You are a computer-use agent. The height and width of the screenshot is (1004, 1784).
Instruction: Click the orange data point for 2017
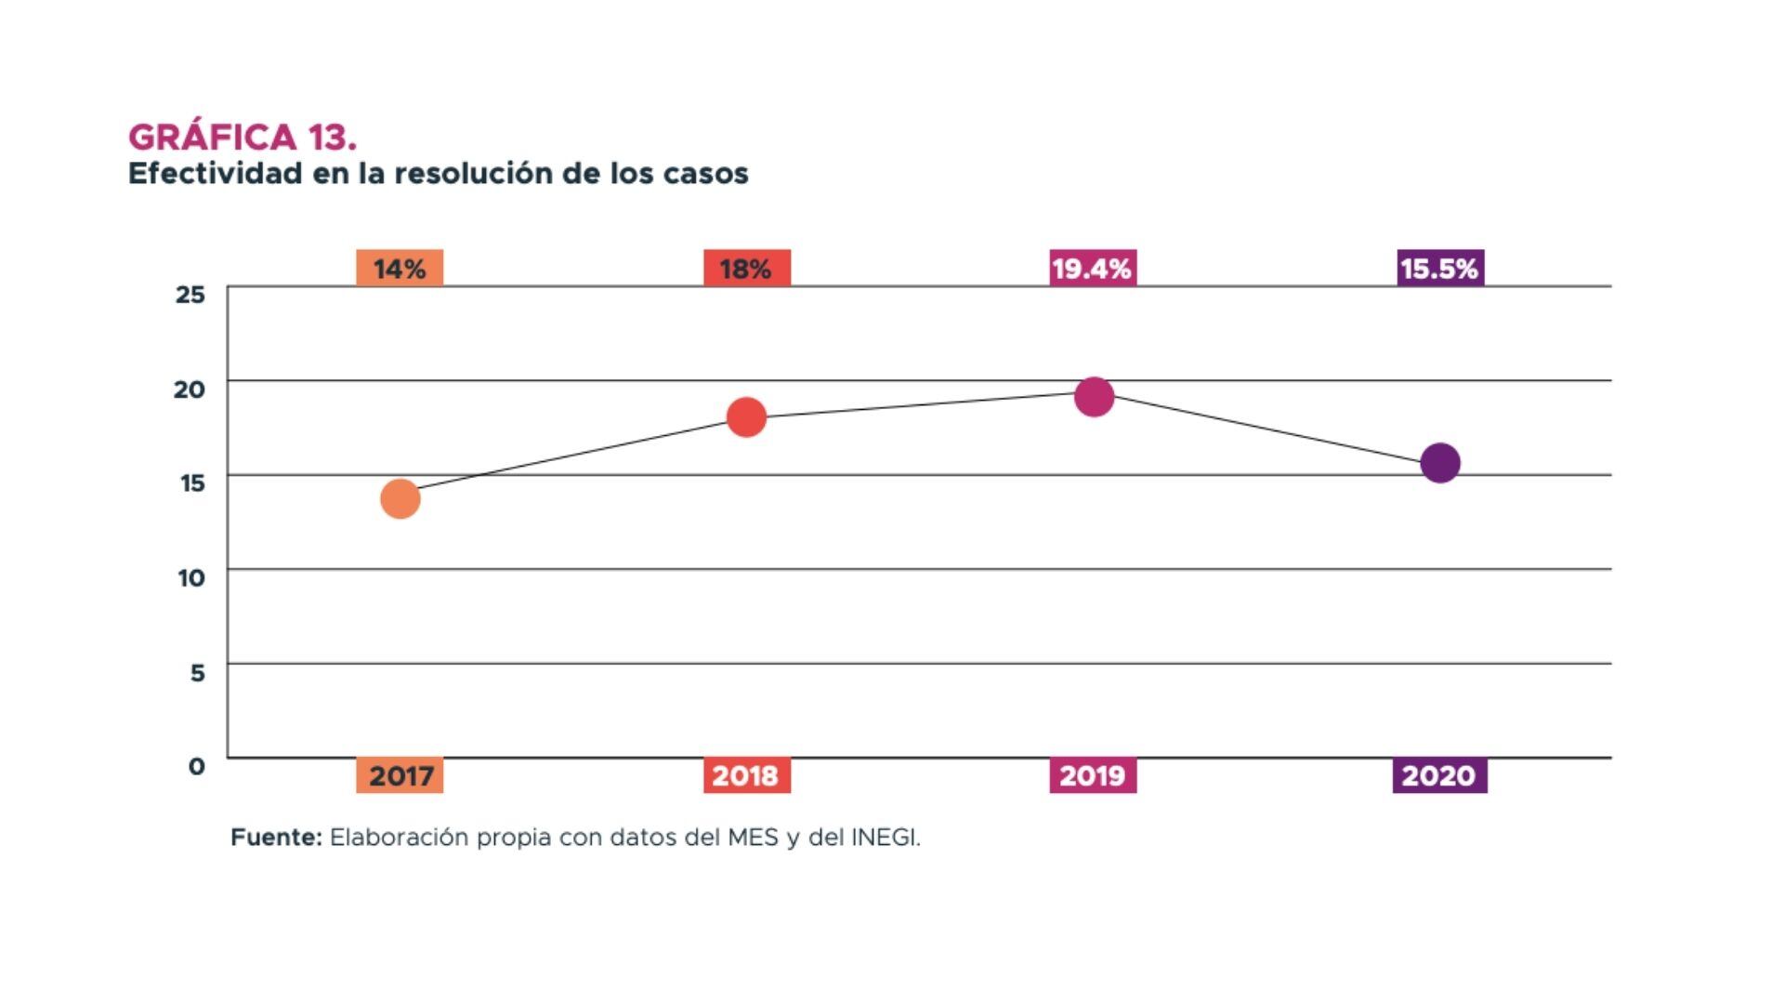pyautogui.click(x=400, y=499)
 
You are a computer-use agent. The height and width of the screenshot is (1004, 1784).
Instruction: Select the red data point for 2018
pyautogui.click(x=746, y=417)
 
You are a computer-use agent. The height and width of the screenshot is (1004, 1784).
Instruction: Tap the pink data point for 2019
pyautogui.click(x=1095, y=397)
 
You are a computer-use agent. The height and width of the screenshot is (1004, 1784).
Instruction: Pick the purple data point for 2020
pyautogui.click(x=1440, y=463)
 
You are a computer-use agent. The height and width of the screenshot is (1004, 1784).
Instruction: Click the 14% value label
pyautogui.click(x=400, y=269)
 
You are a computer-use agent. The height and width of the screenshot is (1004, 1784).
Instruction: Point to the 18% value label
pyautogui.click(x=746, y=269)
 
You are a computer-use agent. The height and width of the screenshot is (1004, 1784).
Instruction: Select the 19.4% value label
pyautogui.click(x=1093, y=269)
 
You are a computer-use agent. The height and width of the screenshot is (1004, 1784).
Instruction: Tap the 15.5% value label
pyautogui.click(x=1440, y=269)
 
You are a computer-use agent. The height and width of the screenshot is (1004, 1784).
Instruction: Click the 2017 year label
pyautogui.click(x=400, y=775)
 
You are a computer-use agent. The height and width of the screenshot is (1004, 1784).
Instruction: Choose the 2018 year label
pyautogui.click(x=746, y=775)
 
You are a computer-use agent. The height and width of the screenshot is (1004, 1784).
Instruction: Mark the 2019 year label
pyautogui.click(x=1093, y=775)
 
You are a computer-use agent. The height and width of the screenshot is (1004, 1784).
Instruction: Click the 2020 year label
pyautogui.click(x=1439, y=775)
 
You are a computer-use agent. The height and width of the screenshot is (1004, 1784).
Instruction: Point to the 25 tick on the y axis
pyautogui.click(x=190, y=296)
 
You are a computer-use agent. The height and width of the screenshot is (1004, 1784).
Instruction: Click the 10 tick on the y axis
pyautogui.click(x=190, y=578)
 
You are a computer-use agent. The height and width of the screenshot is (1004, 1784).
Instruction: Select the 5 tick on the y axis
pyautogui.click(x=197, y=673)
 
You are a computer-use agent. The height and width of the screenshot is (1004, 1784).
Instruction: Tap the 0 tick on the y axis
pyautogui.click(x=196, y=767)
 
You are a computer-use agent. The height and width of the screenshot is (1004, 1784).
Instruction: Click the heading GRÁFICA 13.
pyautogui.click(x=243, y=138)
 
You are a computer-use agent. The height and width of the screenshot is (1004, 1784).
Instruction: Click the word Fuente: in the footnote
pyautogui.click(x=276, y=838)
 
